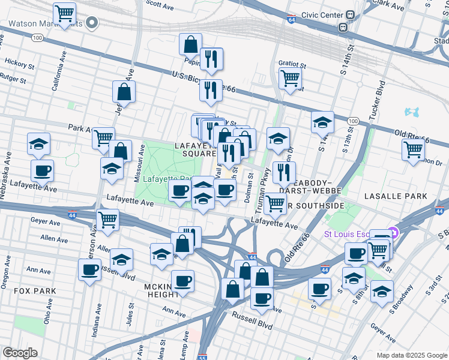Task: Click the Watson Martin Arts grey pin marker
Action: click(92, 23)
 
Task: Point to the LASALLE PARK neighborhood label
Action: click(394, 196)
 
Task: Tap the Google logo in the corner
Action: click(20, 353)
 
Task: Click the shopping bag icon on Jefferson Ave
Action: click(124, 92)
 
